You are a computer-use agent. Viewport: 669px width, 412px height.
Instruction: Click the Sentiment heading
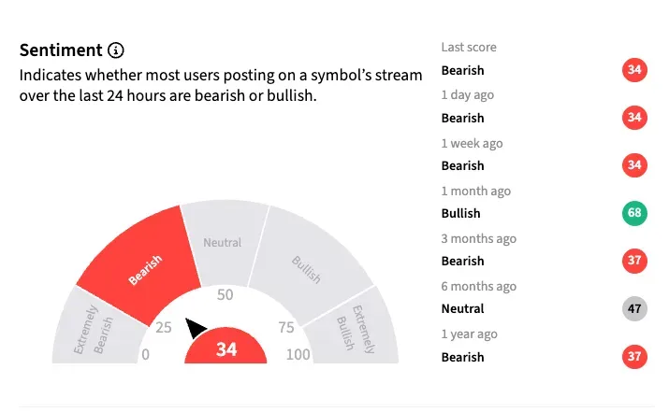click(61, 50)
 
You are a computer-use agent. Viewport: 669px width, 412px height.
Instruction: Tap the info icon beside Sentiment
click(116, 50)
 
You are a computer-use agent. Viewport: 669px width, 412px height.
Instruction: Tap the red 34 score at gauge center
click(226, 349)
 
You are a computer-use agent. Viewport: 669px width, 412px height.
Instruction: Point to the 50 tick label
click(225, 295)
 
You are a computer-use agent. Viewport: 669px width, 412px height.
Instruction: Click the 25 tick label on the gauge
click(164, 328)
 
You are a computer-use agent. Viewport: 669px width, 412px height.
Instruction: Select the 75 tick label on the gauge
click(286, 328)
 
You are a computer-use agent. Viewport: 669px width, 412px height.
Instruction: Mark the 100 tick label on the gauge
click(298, 354)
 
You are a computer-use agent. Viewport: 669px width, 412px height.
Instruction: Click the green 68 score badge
click(635, 213)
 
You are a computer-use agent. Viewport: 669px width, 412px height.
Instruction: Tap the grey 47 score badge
click(635, 308)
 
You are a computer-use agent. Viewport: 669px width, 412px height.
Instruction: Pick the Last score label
click(469, 48)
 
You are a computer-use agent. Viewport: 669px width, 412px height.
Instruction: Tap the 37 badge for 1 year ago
click(635, 357)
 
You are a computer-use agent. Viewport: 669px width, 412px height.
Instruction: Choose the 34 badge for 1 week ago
click(635, 165)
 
